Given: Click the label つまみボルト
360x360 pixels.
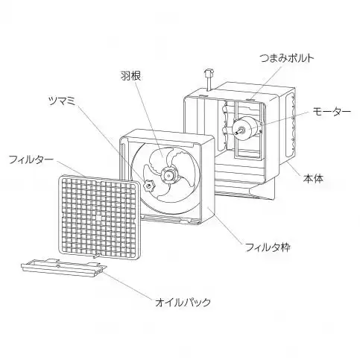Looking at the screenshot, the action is [287, 58].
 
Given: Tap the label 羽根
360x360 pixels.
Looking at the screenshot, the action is [130, 76].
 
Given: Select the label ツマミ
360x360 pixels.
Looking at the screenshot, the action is [62, 101].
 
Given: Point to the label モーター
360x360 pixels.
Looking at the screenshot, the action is [332, 112].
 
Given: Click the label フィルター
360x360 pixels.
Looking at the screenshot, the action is [31, 160].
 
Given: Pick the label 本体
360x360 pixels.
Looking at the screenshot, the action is [313, 178].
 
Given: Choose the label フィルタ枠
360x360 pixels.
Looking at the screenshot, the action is [268, 247].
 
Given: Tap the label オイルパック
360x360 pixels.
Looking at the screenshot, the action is [183, 302].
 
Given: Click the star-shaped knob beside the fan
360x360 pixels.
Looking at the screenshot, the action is [148, 186].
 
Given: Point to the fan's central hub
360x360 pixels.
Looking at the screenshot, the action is [169, 175].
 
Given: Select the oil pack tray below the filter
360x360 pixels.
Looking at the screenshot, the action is [64, 268].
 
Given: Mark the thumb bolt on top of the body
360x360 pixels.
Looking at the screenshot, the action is [209, 79].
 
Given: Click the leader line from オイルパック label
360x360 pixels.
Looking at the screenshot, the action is [127, 285].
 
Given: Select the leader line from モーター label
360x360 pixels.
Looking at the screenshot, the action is [285, 119].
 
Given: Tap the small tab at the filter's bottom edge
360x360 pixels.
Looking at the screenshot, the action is [97, 256].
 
